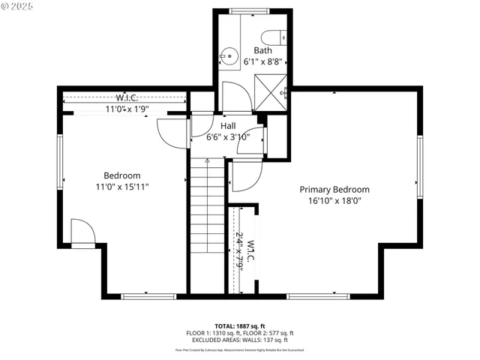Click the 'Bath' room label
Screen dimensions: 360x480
tap(262, 51)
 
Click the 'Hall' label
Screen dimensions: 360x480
tap(229, 126)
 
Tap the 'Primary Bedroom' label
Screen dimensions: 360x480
tap(334, 190)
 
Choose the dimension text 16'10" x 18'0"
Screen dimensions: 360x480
tap(334, 202)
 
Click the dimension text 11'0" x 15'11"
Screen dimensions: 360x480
tap(122, 187)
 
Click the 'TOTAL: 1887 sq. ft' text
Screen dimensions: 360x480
tap(239, 326)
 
